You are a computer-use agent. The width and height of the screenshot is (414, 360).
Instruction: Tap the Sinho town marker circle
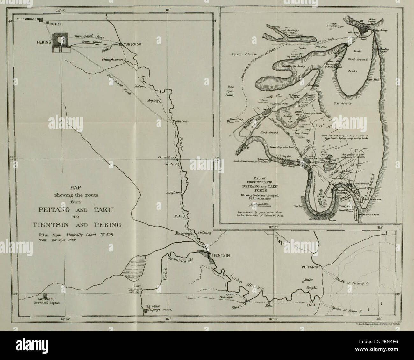[303, 282]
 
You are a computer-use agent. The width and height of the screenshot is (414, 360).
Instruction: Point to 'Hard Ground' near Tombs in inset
[358, 59]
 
